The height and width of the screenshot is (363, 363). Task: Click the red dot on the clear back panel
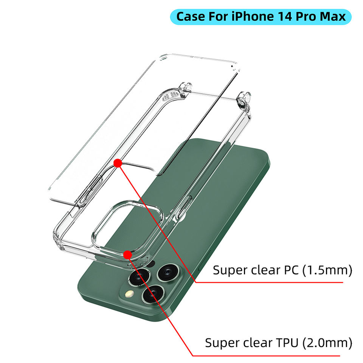point(118,163)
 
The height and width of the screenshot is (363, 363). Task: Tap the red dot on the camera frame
point(128,255)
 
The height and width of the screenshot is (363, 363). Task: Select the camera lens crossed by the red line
point(153,294)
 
